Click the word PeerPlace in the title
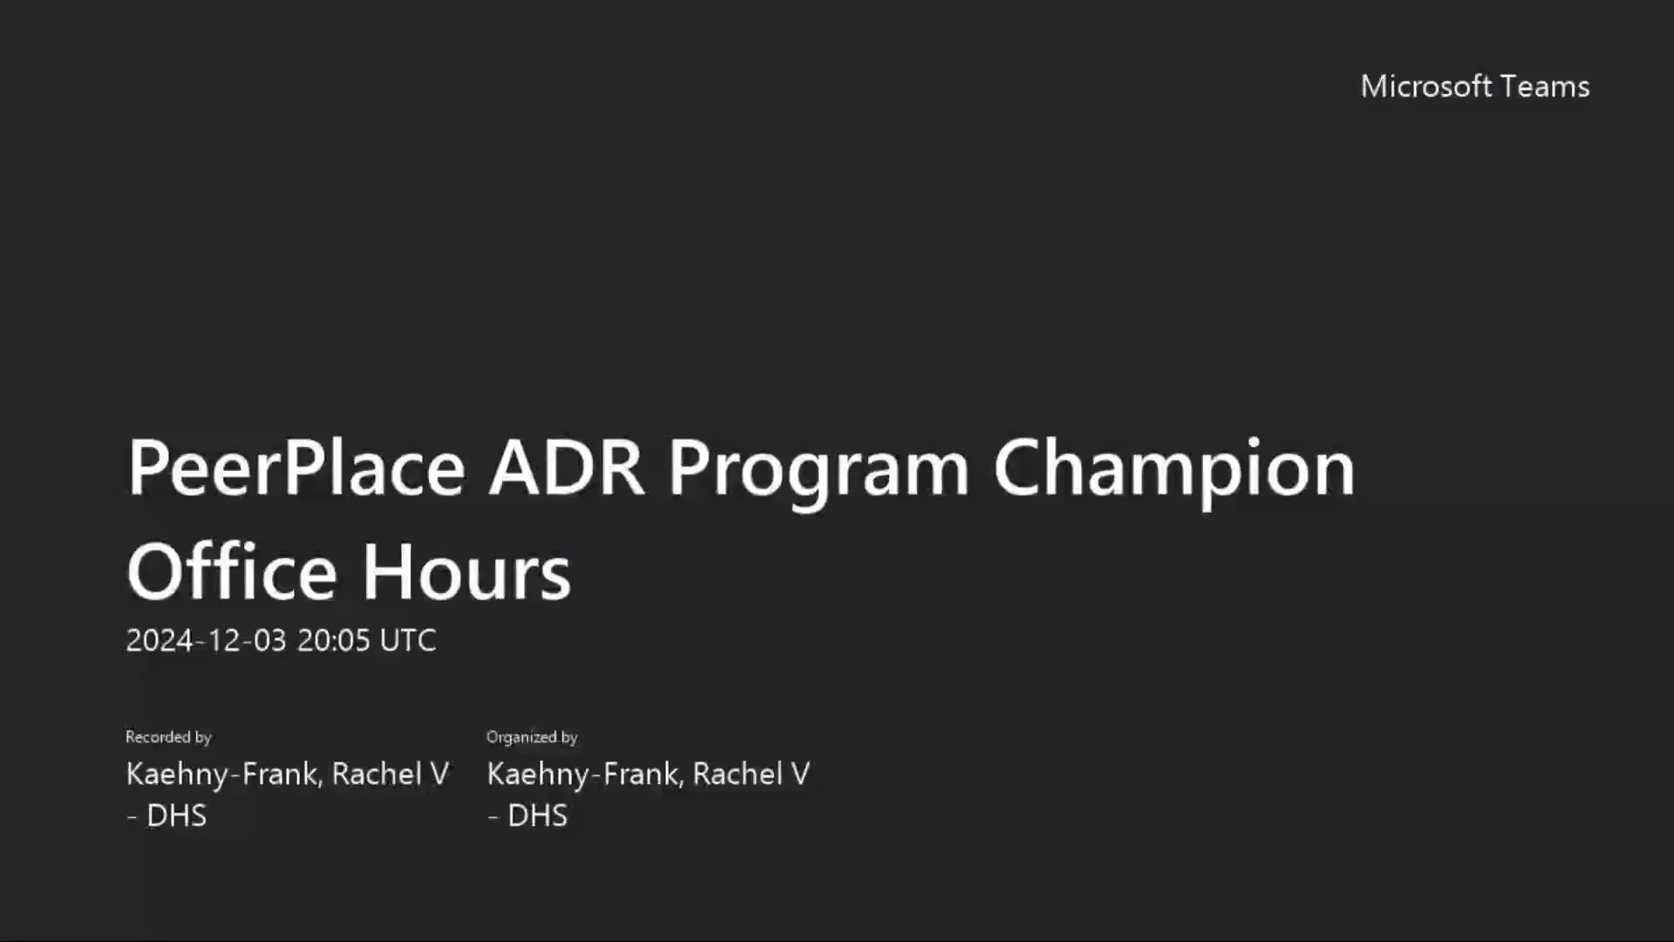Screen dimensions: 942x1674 tap(296, 468)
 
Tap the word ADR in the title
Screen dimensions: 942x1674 tap(566, 468)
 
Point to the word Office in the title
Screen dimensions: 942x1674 tap(231, 573)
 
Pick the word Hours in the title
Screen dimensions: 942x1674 tap(466, 573)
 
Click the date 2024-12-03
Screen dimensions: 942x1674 tap(206, 641)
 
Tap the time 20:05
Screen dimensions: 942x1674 tap(334, 641)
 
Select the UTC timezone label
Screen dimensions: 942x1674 tap(408, 641)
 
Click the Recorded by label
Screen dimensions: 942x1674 tap(168, 737)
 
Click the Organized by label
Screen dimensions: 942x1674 tap(532, 737)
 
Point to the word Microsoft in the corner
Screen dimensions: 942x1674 tap(1426, 86)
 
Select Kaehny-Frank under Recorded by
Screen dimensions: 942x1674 tap(224, 775)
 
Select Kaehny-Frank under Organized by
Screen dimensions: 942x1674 tap(585, 775)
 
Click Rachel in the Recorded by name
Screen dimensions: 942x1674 tap(377, 775)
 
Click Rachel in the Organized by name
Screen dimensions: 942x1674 tap(738, 775)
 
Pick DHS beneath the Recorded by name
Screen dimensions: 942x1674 tap(176, 816)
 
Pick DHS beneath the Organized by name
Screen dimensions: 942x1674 tap(537, 816)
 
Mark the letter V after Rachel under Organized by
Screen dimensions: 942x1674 tap(800, 775)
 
